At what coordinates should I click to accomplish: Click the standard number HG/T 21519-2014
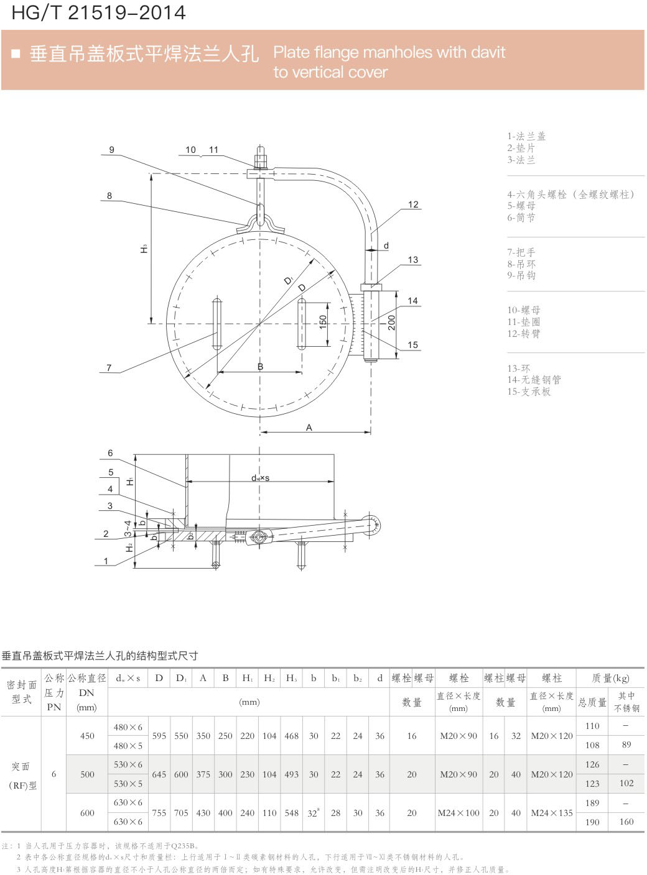(x=98, y=12)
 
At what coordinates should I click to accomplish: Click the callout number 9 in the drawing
(x=112, y=150)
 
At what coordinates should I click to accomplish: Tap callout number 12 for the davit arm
(x=412, y=204)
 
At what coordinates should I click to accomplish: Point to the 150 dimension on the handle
(x=323, y=322)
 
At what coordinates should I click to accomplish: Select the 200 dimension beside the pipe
(x=391, y=323)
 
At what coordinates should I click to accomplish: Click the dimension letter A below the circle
(x=309, y=427)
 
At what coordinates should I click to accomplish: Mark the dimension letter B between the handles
(x=260, y=367)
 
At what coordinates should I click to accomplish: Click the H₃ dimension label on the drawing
(x=144, y=249)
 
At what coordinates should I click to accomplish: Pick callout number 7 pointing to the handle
(x=109, y=368)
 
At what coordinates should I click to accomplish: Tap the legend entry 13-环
(x=519, y=368)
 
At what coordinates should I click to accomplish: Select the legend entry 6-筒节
(x=521, y=218)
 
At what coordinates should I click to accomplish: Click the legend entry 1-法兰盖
(x=526, y=136)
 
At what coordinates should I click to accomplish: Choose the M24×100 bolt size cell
(x=458, y=813)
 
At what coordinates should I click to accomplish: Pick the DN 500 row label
(x=87, y=774)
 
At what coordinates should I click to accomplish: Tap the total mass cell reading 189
(x=592, y=803)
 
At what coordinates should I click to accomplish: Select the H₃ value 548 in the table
(x=291, y=813)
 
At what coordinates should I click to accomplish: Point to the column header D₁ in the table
(x=181, y=678)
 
